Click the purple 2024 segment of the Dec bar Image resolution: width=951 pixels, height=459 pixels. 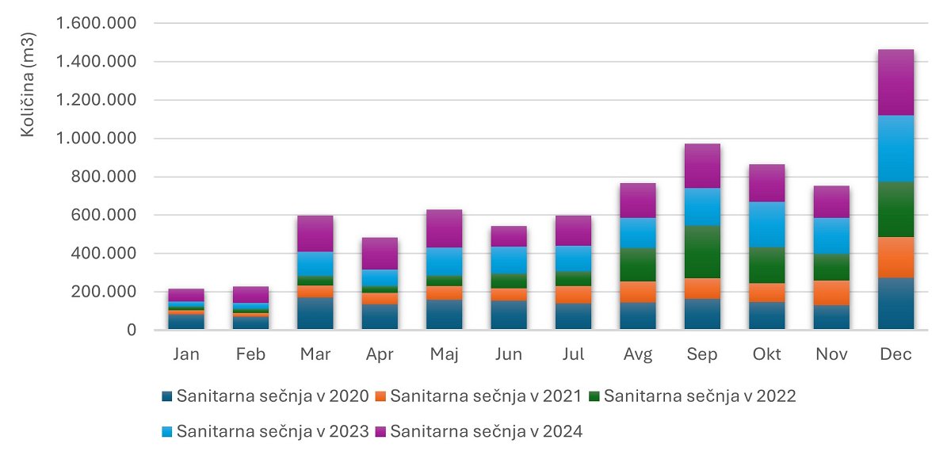point(896,82)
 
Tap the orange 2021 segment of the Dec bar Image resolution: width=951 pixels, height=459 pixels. point(896,258)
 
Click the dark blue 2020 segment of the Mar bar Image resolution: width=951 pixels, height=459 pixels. point(315,313)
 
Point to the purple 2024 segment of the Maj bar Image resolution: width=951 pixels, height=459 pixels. point(444,228)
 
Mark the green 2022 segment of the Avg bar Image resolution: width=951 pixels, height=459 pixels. point(638,265)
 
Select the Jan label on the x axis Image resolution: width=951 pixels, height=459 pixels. point(187,354)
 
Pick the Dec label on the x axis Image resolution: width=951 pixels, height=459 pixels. point(896,354)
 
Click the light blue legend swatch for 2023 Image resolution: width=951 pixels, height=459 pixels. point(167,432)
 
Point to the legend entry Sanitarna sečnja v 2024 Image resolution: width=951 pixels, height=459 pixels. point(486,432)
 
